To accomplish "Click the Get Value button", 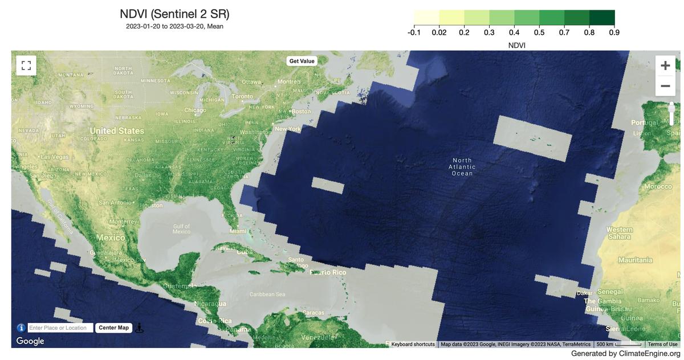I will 302,61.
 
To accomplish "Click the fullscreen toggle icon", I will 24,65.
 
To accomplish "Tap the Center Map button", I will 113,328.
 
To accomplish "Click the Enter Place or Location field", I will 60,328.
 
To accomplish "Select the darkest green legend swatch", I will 602,18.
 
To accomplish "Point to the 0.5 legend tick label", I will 539,32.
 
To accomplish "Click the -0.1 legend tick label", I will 414,32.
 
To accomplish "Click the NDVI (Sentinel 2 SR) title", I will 174,14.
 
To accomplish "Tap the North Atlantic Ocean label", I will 462,167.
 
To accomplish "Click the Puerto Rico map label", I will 328,272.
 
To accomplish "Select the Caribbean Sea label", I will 267,294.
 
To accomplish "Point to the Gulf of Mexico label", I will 181,229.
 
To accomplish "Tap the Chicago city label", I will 195,110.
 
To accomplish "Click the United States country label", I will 117,130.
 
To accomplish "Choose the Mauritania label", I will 635,260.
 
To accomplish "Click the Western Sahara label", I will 619,233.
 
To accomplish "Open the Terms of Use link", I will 662,344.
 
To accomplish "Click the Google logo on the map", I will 30,341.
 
